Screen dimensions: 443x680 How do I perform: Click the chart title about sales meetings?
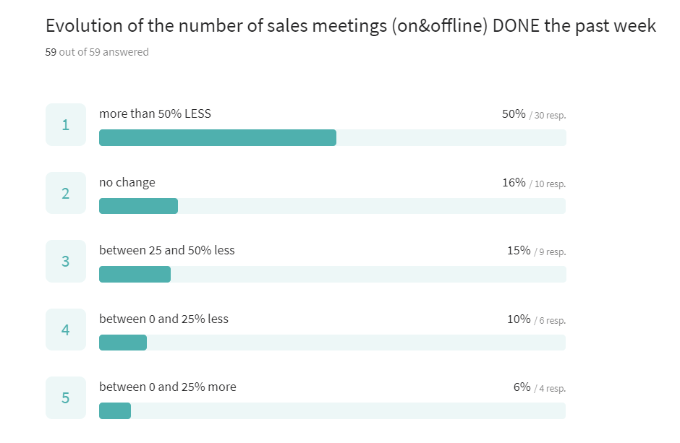350,26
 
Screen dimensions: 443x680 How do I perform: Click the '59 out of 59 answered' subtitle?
97,52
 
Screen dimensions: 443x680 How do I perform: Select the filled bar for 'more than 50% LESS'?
217,138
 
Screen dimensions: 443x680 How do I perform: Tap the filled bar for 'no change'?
138,206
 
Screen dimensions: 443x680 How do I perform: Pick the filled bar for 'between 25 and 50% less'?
135,275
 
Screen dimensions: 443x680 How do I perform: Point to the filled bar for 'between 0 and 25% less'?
123,343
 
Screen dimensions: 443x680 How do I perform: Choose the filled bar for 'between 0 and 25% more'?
115,410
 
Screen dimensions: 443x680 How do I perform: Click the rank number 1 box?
66,125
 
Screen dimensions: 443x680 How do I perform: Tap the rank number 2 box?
66,193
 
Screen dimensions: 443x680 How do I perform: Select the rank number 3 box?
66,261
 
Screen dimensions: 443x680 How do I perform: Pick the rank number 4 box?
66,330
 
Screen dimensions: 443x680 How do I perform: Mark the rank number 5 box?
66,397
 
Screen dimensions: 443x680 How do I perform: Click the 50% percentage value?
514,114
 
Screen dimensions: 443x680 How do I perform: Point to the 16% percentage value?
514,182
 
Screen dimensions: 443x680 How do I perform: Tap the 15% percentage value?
518,251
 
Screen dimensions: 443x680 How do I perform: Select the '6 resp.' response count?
551,320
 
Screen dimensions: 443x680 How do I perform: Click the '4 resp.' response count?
551,388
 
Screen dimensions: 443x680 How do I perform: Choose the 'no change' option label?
127,182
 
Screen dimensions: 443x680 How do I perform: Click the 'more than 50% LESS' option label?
155,113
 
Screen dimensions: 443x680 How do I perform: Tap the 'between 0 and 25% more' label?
167,387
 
